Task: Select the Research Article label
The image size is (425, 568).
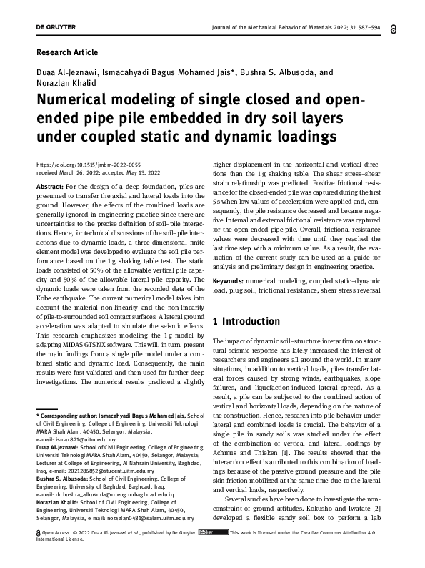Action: pyautogui.click(x=66, y=52)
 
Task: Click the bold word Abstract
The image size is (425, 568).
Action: pyautogui.click(x=49, y=186)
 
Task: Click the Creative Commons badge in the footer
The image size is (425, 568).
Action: pyautogui.click(x=213, y=532)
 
